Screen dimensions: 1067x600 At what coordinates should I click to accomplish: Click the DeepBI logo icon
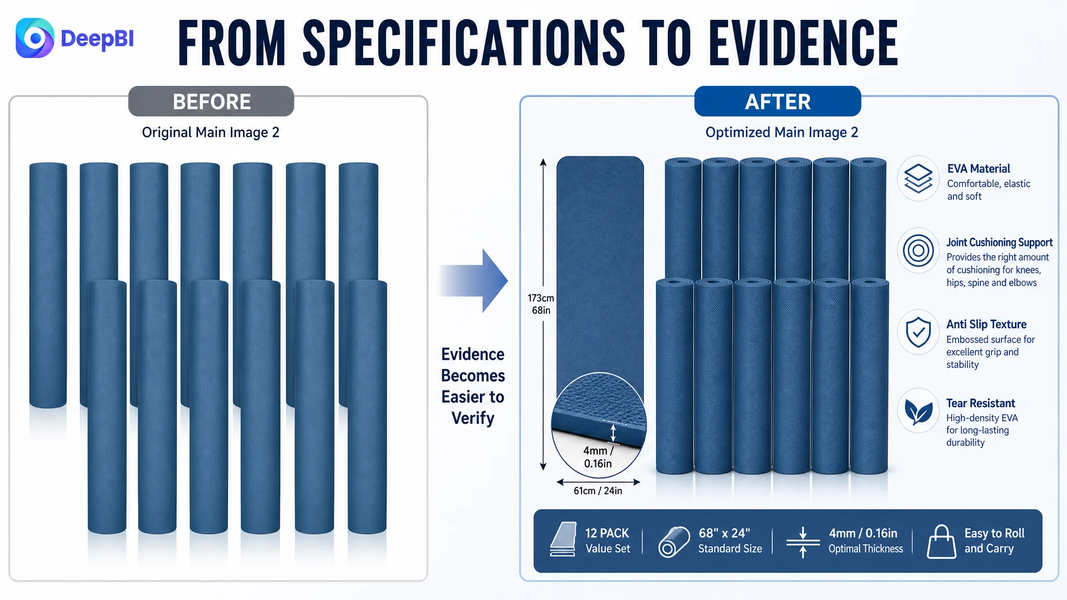[35, 38]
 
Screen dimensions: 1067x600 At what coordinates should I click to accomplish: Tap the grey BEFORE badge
[211, 101]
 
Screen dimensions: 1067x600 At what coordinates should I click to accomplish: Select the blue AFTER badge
[777, 101]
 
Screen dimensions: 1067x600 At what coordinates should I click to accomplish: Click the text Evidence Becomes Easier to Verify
[473, 386]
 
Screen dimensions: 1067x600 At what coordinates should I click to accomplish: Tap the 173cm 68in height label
[541, 304]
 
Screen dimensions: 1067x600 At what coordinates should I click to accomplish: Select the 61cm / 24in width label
[598, 491]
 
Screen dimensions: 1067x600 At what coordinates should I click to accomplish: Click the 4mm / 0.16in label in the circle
[598, 457]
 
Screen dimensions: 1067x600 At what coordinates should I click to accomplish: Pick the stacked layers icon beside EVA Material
[918, 178]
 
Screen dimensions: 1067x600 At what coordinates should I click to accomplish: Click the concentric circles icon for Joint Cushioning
[918, 251]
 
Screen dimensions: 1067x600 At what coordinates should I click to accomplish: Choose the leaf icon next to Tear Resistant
[918, 411]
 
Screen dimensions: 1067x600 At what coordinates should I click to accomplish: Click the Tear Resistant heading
[981, 403]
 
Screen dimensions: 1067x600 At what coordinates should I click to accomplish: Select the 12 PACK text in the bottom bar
[607, 533]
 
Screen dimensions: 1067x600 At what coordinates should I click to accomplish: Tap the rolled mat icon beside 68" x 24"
[674, 542]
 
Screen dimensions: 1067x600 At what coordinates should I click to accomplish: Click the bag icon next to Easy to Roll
[941, 542]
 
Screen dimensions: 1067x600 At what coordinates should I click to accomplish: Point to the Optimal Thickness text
[865, 548]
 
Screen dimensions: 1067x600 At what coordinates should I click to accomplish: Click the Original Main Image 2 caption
[210, 132]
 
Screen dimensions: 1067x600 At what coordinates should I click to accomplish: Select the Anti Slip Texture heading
[986, 324]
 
